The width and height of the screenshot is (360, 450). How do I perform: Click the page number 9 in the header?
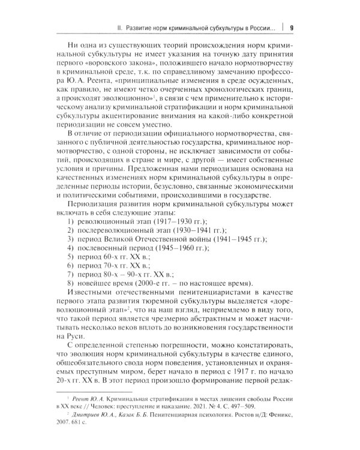pyautogui.click(x=292, y=28)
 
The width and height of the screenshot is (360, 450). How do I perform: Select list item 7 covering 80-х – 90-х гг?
pyautogui.click(x=120, y=288)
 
